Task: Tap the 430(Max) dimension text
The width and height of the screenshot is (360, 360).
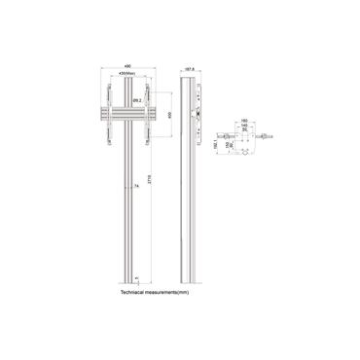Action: pyautogui.click(x=126, y=74)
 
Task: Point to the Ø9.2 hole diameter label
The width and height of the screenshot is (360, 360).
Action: pyautogui.click(x=137, y=98)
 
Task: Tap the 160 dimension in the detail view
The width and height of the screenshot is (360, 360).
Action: pyautogui.click(x=244, y=124)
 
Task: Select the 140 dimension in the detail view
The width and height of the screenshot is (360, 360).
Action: pyautogui.click(x=244, y=128)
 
